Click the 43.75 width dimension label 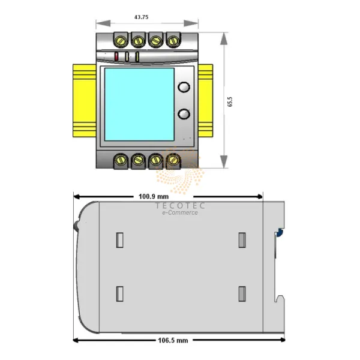click(142, 17)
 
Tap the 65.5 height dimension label click(230, 102)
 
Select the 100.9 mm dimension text click(154, 196)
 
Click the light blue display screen click(139, 104)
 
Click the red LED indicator click(116, 57)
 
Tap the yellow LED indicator click(137, 57)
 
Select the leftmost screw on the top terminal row click(120, 41)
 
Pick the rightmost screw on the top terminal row click(173, 41)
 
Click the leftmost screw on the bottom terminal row click(120, 160)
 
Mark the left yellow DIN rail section click(84, 101)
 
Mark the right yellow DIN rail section click(206, 101)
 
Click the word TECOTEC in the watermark click(180, 206)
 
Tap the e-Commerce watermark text click(180, 213)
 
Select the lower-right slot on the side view click(242, 293)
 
